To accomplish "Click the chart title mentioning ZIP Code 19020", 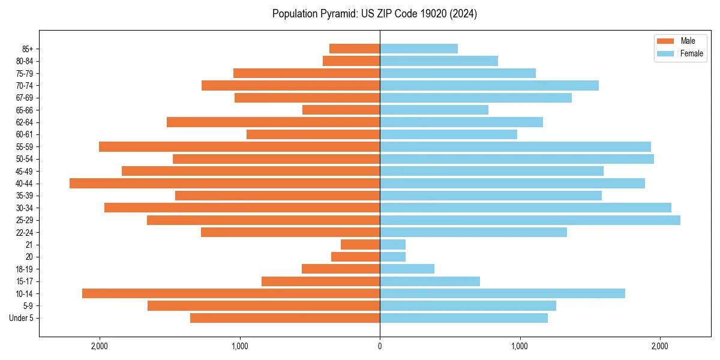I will [x=374, y=14].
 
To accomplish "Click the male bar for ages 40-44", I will [x=224, y=184].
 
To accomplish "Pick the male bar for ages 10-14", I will [x=231, y=293].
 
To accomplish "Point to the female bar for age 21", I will [x=392, y=245].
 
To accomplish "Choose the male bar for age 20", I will [x=355, y=257].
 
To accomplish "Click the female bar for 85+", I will [x=419, y=49].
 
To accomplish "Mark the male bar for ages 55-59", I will [x=239, y=147].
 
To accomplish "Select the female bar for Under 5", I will [x=464, y=318].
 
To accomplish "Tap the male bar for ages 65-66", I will [x=341, y=110].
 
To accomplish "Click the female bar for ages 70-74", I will [x=489, y=86].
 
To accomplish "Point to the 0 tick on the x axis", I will [x=380, y=346].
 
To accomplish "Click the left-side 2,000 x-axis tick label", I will [x=99, y=346].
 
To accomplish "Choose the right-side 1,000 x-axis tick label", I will [x=520, y=346].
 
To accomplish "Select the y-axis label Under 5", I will [x=22, y=318].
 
